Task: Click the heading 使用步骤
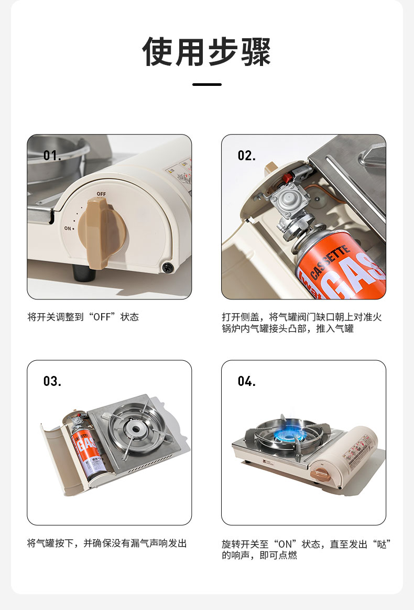207,52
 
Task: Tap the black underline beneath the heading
207,84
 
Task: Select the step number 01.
52,156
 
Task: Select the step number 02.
246,156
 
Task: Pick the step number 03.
52,381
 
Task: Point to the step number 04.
246,381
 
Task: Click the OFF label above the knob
101,194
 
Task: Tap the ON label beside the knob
68,228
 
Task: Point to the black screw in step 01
168,267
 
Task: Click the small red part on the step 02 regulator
287,178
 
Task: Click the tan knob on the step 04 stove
322,474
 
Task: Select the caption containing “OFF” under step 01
83,317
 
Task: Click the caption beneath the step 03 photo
107,543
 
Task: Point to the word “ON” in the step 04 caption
285,544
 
